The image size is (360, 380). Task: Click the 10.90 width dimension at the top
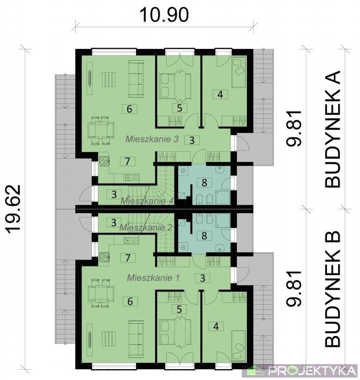pyautogui.click(x=164, y=15)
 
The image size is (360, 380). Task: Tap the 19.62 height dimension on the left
pyautogui.click(x=13, y=209)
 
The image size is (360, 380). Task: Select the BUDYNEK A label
pyautogui.click(x=332, y=129)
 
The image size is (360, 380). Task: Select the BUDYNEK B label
pyautogui.click(x=332, y=289)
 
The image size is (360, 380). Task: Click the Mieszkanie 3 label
pyautogui.click(x=152, y=139)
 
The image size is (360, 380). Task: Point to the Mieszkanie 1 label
pyautogui.click(x=153, y=278)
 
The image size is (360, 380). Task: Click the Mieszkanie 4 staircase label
pyautogui.click(x=147, y=201)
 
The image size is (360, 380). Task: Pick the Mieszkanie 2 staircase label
pyautogui.click(x=146, y=228)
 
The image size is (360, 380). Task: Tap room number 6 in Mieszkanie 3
pyautogui.click(x=130, y=109)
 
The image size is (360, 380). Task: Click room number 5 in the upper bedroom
pyautogui.click(x=180, y=108)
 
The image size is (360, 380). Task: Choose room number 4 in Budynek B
pyautogui.click(x=216, y=326)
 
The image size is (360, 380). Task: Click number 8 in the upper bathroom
pyautogui.click(x=204, y=183)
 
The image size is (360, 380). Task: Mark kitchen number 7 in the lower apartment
pyautogui.click(x=128, y=258)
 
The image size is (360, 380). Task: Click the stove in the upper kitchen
pyautogui.click(x=104, y=161)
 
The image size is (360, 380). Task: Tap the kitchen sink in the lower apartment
pyautogui.click(x=131, y=240)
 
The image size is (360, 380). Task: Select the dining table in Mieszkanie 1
pyautogui.click(x=100, y=293)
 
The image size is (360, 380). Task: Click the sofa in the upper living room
pyautogui.click(x=135, y=79)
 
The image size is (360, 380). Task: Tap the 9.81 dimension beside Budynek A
pyautogui.click(x=294, y=128)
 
